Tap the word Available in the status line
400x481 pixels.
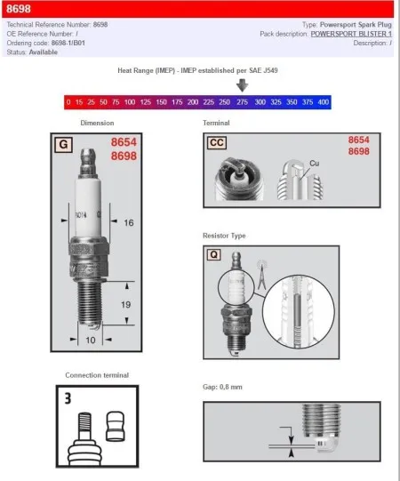[44, 52]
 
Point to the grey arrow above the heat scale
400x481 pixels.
[242, 85]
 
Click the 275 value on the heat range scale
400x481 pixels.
[242, 102]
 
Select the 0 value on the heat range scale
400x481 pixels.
[68, 102]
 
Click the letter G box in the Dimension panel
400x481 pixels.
[64, 143]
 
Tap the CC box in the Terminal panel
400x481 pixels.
[217, 142]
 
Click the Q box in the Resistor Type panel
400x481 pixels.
[213, 253]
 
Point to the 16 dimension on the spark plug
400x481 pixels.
[128, 222]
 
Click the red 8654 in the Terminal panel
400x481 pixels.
[358, 140]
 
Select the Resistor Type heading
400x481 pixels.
[225, 236]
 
